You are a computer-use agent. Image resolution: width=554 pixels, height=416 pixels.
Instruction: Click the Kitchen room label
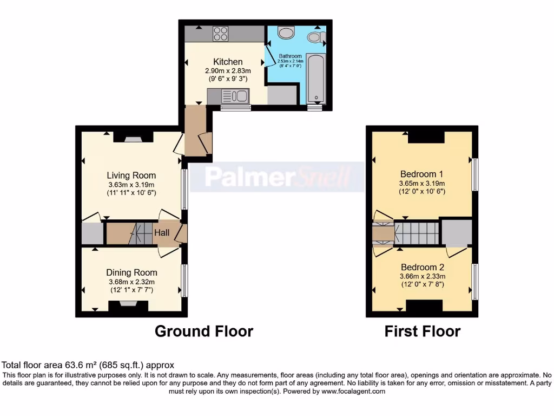click(x=228, y=62)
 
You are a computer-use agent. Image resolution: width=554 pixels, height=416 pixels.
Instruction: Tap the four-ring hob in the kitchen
click(x=220, y=34)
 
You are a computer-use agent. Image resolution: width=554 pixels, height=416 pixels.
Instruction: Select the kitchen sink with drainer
click(x=235, y=96)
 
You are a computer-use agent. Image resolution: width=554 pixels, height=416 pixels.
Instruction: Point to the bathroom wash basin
click(x=285, y=32)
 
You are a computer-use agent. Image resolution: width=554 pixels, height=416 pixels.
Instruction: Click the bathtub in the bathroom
click(x=314, y=78)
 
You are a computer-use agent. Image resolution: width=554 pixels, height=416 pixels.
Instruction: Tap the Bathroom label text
click(x=290, y=56)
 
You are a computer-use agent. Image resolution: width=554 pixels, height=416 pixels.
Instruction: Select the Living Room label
click(x=131, y=175)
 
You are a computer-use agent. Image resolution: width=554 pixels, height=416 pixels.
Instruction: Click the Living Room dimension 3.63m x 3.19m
click(x=131, y=185)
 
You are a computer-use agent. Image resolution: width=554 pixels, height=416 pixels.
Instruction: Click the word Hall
click(x=161, y=233)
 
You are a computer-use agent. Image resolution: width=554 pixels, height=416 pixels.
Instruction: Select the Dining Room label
click(x=131, y=272)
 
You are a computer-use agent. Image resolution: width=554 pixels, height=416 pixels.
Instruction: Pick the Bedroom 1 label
click(x=422, y=174)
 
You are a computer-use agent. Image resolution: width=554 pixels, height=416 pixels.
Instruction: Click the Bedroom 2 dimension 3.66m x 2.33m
click(x=422, y=276)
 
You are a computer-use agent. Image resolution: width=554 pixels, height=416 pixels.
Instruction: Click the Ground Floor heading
click(x=204, y=331)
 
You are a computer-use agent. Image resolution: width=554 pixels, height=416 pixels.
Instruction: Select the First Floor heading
click(x=423, y=331)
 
